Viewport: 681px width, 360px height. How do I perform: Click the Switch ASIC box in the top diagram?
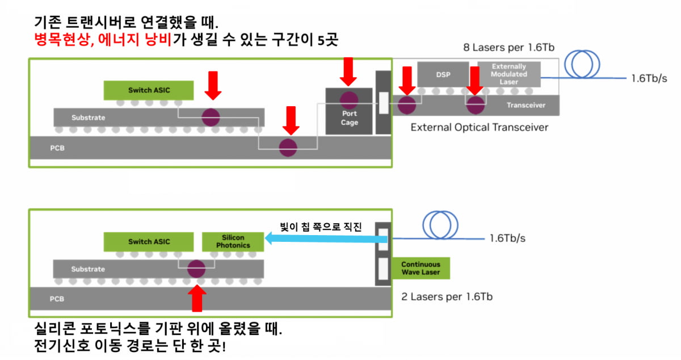tap(148, 90)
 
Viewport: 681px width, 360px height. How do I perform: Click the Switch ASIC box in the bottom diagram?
tap(148, 241)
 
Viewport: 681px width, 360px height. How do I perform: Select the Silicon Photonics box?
tap(233, 241)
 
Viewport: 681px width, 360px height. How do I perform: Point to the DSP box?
tap(443, 74)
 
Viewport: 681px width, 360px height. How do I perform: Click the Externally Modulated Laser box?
tap(509, 74)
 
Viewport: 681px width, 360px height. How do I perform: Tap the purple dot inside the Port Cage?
tap(349, 100)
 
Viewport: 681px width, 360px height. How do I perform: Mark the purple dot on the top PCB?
tap(288, 146)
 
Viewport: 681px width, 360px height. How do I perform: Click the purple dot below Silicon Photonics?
tap(196, 267)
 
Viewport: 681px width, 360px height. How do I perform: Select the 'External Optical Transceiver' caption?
tap(480, 127)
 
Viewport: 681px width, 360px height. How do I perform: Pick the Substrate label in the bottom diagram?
tap(89, 269)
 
